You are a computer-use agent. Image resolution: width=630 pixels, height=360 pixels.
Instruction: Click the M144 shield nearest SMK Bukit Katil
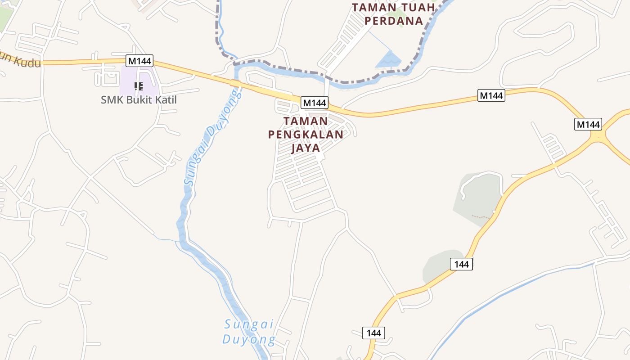139,60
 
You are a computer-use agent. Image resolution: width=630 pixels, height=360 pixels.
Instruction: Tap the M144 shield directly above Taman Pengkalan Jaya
314,103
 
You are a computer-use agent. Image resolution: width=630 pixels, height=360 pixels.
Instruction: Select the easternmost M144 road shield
588,124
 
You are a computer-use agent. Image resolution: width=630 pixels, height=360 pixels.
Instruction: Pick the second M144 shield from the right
491,95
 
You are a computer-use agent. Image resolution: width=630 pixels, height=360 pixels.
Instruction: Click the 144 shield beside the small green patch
461,264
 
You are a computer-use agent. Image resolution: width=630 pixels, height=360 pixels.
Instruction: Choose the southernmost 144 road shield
373,333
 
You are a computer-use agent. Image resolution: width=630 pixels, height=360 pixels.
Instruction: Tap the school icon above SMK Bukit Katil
139,86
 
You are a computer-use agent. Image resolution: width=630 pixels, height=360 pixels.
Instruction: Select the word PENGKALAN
306,135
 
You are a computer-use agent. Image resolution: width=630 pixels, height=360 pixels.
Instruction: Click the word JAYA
306,148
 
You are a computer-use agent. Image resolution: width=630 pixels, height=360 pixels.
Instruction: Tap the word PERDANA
393,21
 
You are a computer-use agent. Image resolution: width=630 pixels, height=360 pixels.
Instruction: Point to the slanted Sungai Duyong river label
212,137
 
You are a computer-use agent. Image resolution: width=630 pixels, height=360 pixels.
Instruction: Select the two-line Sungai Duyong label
249,332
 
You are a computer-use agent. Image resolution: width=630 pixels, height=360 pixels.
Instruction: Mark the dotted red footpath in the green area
481,217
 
